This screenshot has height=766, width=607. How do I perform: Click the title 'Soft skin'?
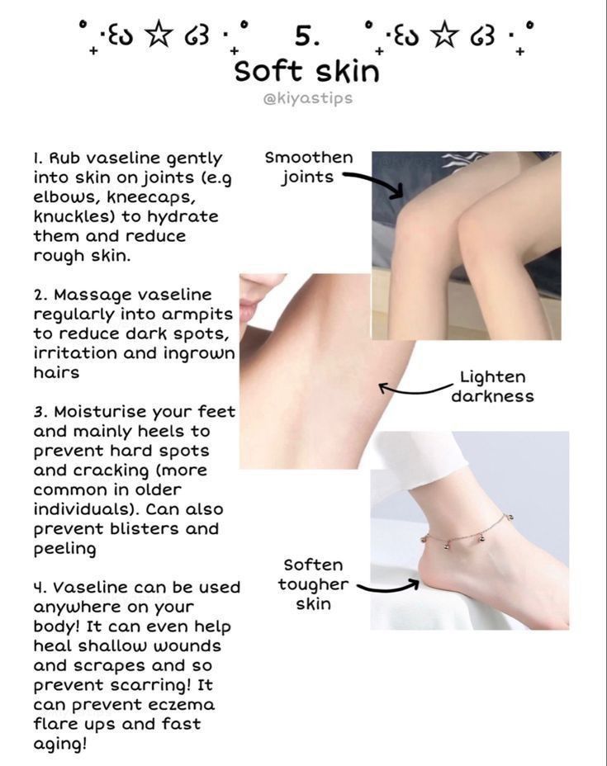click(x=307, y=72)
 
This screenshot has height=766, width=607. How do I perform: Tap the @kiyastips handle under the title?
click(x=307, y=98)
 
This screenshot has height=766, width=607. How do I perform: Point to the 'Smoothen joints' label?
click(x=308, y=167)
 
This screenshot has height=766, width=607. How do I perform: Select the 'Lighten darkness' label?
click(x=492, y=386)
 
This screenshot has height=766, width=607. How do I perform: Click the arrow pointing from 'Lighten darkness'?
click(x=415, y=390)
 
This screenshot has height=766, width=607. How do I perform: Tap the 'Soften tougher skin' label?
click(x=313, y=584)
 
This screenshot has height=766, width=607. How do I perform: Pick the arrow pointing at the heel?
click(x=388, y=587)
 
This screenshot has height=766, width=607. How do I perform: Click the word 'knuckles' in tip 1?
click(x=74, y=216)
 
